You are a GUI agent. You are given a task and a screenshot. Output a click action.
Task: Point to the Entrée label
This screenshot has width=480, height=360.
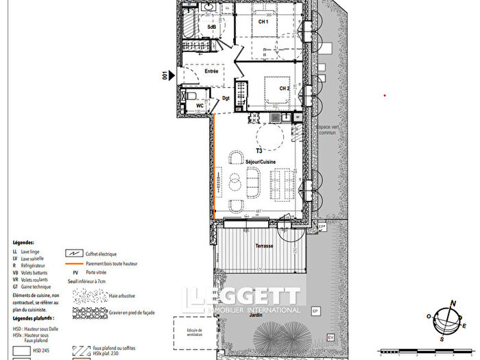pyautogui.click(x=212, y=71)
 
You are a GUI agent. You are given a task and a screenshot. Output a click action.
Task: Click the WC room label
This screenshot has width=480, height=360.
pyautogui.click(x=200, y=105)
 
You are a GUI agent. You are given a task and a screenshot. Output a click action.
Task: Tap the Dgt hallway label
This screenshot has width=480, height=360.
pyautogui.click(x=226, y=98)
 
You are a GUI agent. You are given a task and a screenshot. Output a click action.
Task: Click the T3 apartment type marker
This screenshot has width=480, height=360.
pyautogui.click(x=259, y=150)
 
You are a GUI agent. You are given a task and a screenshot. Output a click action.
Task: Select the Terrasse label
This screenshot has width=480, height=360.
pyautogui.click(x=265, y=245)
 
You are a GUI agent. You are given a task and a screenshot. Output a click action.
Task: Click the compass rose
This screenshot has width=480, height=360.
pyautogui.click(x=448, y=320)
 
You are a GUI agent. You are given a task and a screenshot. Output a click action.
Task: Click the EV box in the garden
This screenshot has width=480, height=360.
pyautogui.click(x=330, y=337)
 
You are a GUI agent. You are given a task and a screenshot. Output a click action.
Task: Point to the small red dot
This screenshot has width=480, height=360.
pyautogui.click(x=385, y=95)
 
